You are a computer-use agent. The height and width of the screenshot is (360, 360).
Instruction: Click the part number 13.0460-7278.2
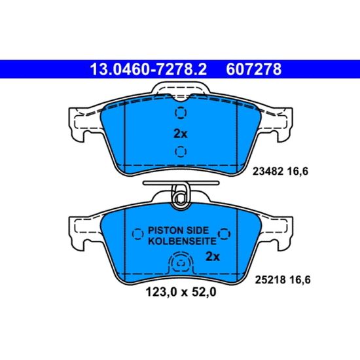pos(149,69)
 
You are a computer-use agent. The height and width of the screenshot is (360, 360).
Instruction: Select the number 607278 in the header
pos(254,69)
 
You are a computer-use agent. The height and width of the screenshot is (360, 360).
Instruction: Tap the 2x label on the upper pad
pos(181,134)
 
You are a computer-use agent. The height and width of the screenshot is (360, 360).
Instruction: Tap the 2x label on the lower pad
pos(213,257)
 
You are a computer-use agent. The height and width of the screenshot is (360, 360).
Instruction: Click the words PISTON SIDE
pos(178,230)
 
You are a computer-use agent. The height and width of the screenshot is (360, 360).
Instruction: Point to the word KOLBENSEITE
pos(182,241)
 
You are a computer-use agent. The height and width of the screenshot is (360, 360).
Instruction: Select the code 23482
pos(268,171)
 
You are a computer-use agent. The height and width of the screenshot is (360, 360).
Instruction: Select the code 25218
pos(270,279)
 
